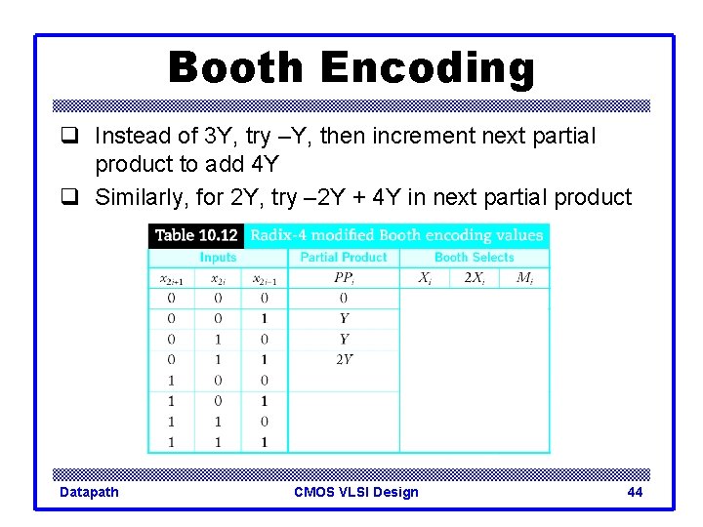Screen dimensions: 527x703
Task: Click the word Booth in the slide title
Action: click(x=237, y=68)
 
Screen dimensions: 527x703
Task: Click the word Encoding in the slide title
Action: click(x=428, y=68)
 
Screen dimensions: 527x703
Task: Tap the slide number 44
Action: click(x=635, y=492)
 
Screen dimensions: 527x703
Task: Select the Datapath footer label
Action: click(x=89, y=492)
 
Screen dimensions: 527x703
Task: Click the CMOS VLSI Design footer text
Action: click(x=355, y=492)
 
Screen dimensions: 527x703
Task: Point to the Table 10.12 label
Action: click(x=196, y=235)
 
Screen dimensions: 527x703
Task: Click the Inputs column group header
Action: click(x=218, y=258)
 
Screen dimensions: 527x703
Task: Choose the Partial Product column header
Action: click(x=344, y=258)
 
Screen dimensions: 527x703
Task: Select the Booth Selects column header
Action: click(x=474, y=258)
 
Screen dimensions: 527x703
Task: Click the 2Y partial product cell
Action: click(x=344, y=359)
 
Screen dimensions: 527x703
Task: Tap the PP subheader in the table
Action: click(x=344, y=278)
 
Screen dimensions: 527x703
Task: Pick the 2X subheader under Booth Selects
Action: click(x=474, y=278)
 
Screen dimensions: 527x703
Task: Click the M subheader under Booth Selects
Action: click(x=524, y=278)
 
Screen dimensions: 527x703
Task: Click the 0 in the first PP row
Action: click(x=344, y=298)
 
